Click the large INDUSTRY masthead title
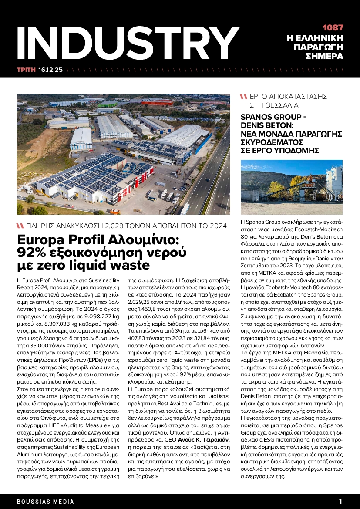tap(126, 40)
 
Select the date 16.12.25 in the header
tap(50, 70)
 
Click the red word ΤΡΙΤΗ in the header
tap(26, 70)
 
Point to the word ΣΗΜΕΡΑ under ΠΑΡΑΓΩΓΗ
tap(324, 57)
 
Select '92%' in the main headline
tap(33, 252)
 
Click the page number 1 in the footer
tap(341, 501)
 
